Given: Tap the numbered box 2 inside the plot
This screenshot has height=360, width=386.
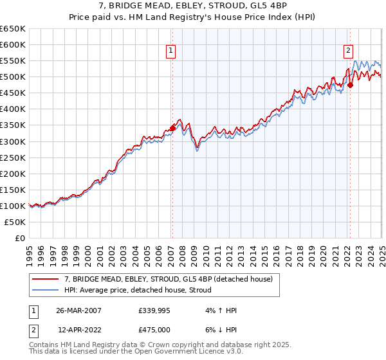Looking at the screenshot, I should click(x=348, y=51).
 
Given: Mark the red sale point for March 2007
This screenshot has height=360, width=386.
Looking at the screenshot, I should click(x=172, y=129).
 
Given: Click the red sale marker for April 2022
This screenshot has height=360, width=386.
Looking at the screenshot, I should click(x=350, y=85).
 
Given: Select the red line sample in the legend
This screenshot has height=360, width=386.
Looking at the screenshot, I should click(x=45, y=279).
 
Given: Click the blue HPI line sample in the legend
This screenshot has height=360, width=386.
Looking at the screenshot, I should click(x=45, y=290).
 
